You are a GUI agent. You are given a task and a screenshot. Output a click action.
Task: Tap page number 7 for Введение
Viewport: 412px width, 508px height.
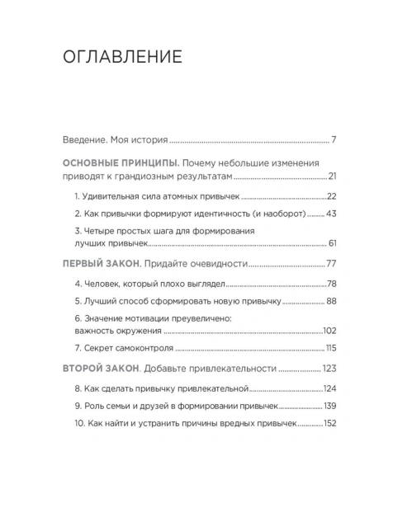[x=334, y=139]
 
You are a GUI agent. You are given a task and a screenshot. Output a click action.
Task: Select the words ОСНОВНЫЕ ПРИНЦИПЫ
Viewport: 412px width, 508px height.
[x=118, y=162]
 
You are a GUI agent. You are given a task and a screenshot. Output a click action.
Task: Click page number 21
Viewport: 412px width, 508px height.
[x=332, y=176]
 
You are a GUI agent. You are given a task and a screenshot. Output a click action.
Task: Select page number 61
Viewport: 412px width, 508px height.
[x=333, y=245]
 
